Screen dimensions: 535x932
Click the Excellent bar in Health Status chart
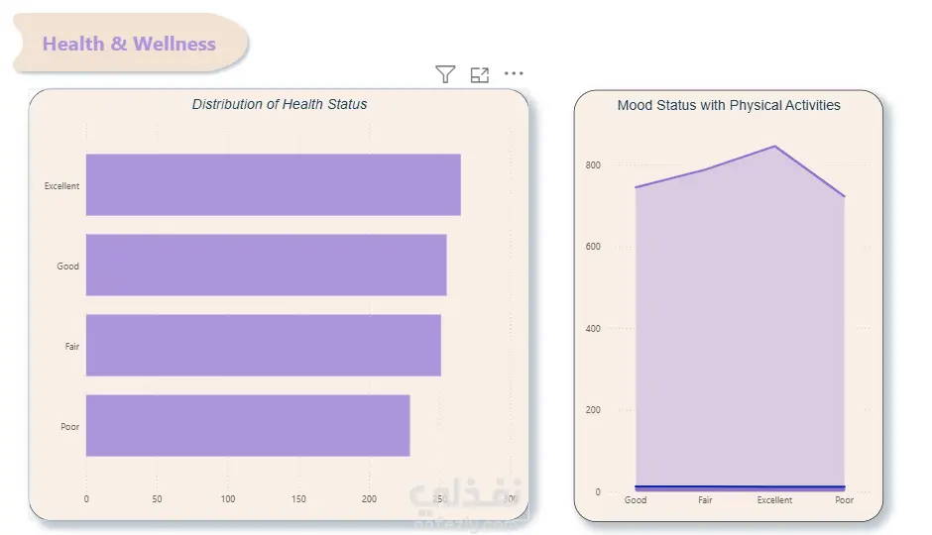273,184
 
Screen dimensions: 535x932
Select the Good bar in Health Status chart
266,265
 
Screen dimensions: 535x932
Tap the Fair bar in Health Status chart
263,345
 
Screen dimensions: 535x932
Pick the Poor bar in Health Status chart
248,425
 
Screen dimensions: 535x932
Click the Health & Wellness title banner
129,44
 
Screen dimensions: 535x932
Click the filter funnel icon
445,74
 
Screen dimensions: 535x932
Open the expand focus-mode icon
480,74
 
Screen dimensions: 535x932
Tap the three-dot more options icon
514,73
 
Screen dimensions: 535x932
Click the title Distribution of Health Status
280,104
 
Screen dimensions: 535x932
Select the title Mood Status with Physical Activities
729,105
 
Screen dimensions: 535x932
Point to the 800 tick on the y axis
592,164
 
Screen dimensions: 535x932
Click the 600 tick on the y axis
592,247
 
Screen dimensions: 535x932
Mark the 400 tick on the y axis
592,328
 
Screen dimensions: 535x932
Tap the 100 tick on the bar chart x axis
228,499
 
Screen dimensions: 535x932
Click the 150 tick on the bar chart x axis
298,499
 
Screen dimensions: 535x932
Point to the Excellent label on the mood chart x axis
774,500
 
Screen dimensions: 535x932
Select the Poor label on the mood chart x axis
844,500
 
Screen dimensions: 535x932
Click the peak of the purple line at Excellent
774,147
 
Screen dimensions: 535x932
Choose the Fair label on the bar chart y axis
72,347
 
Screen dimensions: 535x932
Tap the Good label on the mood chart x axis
636,500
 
